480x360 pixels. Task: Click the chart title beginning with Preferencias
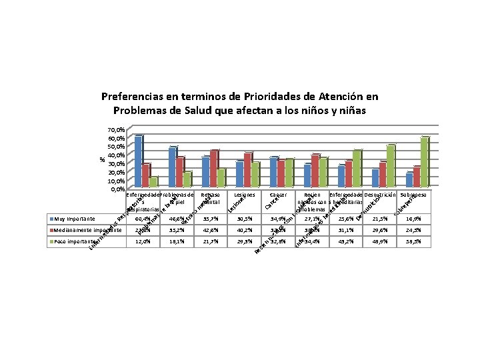(x=240, y=103)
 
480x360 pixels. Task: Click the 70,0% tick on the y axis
(x=115, y=129)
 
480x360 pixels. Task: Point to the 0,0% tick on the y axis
(x=117, y=189)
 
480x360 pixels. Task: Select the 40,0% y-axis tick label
(x=115, y=155)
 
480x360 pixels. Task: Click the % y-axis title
(x=101, y=159)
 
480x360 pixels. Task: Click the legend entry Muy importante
(x=75, y=218)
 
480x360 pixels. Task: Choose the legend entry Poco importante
(x=75, y=241)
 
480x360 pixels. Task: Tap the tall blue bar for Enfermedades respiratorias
(x=138, y=161)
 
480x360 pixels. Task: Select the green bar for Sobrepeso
(x=424, y=162)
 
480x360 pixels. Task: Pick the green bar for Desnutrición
(x=391, y=166)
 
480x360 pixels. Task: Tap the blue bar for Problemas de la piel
(x=172, y=167)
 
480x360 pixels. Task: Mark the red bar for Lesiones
(x=247, y=170)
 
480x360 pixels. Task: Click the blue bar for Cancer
(x=273, y=172)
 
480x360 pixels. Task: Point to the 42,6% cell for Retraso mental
(x=211, y=230)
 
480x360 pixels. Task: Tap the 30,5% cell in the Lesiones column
(x=245, y=218)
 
